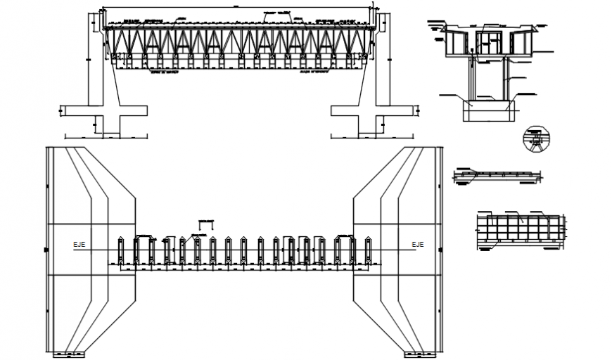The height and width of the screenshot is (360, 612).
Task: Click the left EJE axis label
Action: coord(79,245)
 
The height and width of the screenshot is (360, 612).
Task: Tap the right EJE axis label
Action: coord(418,245)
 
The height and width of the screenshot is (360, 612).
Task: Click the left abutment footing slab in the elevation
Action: coord(104,110)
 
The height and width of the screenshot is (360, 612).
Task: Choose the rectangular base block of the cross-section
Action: coord(489,110)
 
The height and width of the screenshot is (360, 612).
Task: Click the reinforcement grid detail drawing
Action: coord(521,229)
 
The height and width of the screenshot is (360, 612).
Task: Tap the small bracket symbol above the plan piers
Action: coord(206,224)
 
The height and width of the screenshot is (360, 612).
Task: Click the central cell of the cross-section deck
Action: coord(489,41)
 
